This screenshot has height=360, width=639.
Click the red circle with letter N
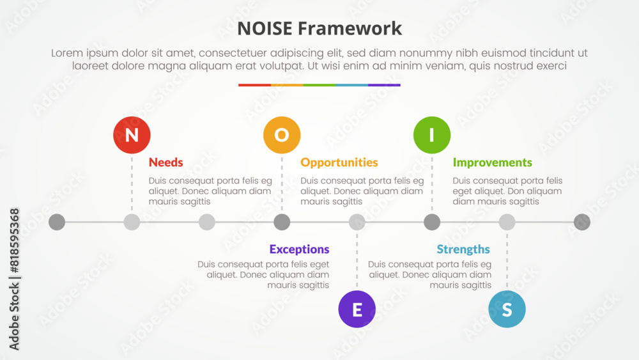(132, 135)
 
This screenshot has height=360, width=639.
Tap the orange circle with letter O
(282, 135)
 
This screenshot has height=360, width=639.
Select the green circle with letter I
(432, 135)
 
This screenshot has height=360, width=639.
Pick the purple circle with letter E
(357, 309)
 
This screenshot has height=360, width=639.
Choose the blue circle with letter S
(507, 309)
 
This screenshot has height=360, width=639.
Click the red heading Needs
(166, 162)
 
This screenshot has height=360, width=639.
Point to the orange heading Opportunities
(339, 162)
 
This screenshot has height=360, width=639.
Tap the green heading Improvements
(492, 162)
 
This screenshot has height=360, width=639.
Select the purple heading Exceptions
(299, 249)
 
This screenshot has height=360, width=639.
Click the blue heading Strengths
(463, 249)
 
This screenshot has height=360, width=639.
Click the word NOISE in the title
(265, 29)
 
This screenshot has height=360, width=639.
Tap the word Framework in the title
(350, 29)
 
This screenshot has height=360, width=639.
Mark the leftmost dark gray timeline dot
(57, 222)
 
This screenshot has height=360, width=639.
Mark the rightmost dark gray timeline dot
(582, 222)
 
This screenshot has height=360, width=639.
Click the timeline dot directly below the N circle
(132, 222)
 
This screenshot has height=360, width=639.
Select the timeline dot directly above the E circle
(357, 222)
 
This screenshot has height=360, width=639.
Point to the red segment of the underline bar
(255, 85)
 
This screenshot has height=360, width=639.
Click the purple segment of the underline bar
(384, 85)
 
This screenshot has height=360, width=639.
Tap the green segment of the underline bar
(319, 85)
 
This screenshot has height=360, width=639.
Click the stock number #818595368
(14, 240)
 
